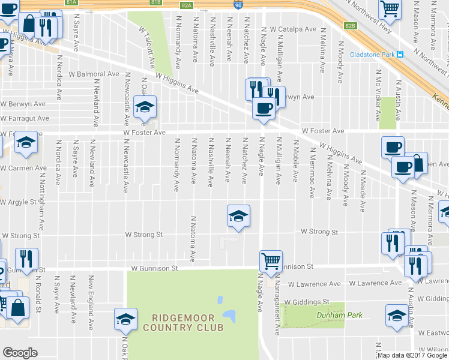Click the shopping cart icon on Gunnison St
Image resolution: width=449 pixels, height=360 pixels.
(271, 262)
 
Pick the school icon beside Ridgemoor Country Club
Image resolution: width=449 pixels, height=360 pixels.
(125, 319)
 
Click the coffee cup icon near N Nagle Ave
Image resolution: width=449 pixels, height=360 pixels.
(264, 109)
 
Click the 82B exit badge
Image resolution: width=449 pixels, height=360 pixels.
(351, 26)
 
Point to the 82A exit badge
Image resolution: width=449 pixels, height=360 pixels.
(186, 5)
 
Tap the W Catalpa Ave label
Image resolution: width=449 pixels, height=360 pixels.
(293, 28)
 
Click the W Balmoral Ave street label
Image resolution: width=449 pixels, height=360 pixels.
(94, 74)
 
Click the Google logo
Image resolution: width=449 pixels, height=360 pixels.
(20, 353)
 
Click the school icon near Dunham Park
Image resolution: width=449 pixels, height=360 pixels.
(397, 316)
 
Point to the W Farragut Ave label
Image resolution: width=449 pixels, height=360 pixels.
(25, 118)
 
